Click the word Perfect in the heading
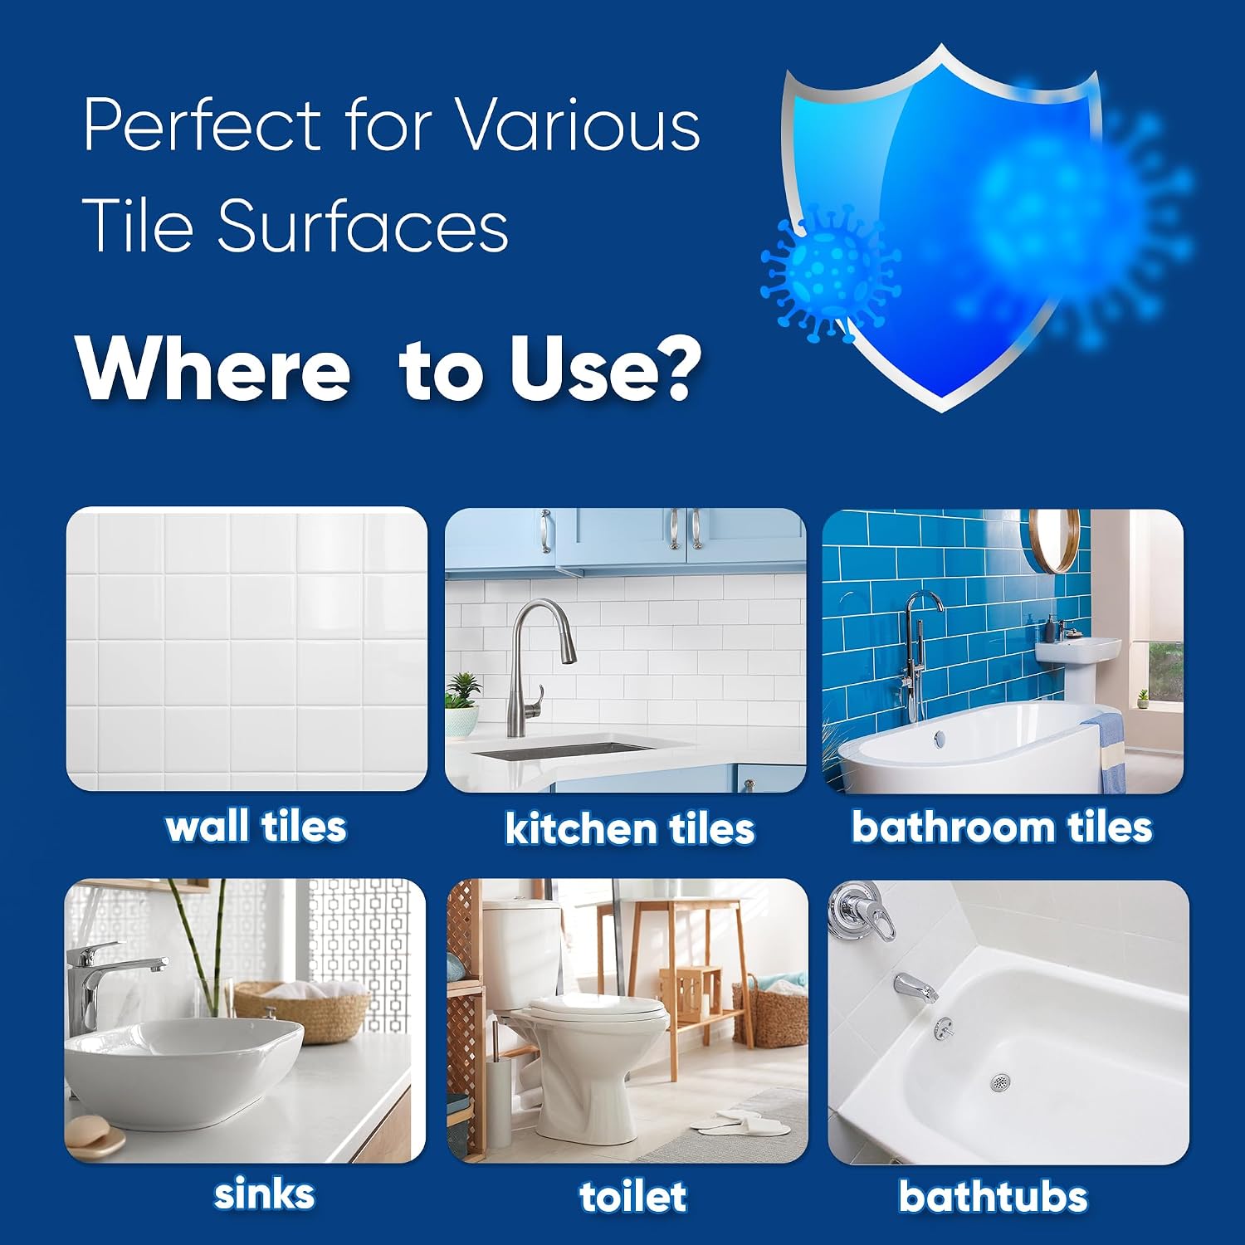(203, 124)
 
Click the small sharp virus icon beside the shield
(830, 274)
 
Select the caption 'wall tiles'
(256, 827)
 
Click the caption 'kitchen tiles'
(630, 828)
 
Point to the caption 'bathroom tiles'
(1002, 828)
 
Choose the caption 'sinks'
(264, 1194)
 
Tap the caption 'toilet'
(632, 1196)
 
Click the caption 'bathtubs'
(993, 1196)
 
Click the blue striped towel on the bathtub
(1106, 751)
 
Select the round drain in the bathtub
(1001, 1082)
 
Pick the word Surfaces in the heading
(363, 225)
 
